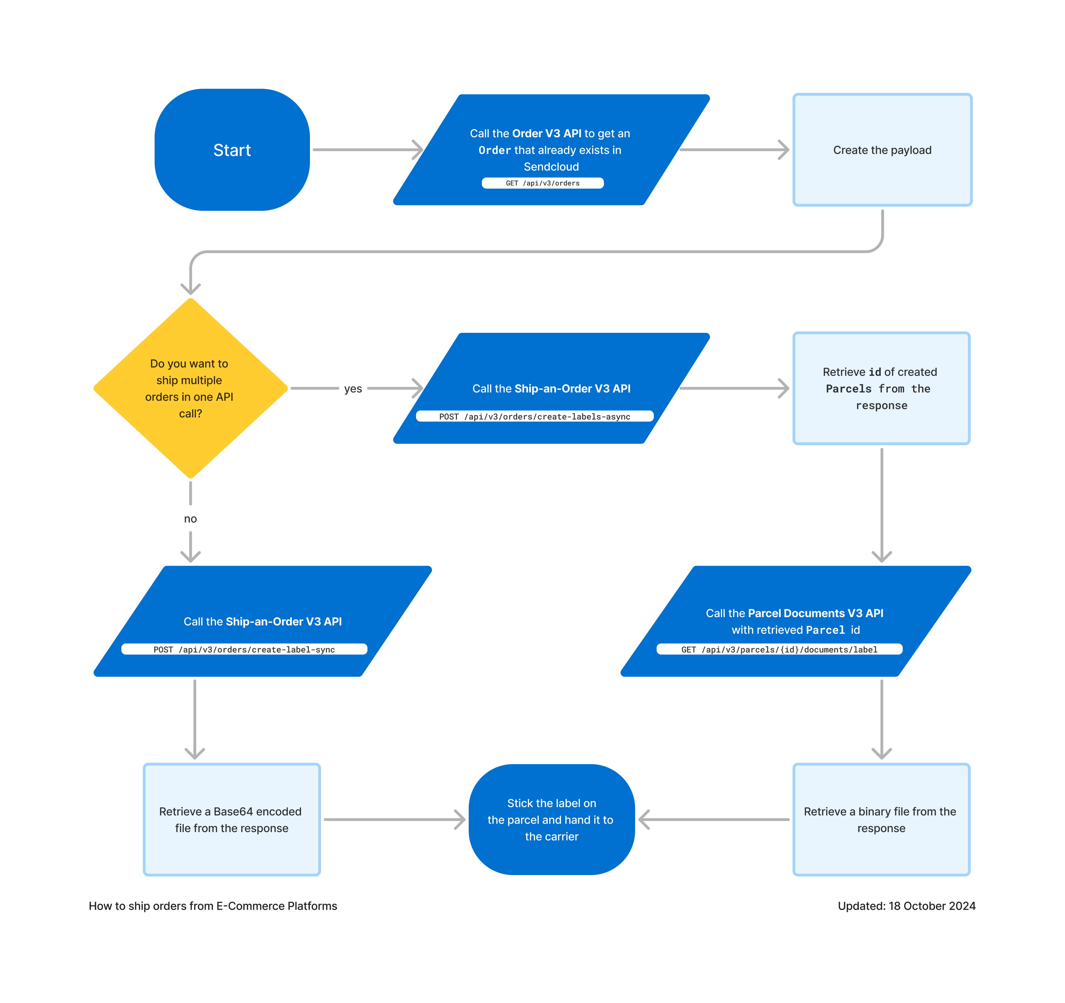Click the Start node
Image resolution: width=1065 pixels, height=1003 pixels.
point(232,150)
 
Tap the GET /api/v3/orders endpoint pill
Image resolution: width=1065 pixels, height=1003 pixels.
point(542,183)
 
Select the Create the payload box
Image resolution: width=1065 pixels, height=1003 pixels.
point(882,150)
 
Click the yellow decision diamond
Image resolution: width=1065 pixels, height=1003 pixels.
point(190,388)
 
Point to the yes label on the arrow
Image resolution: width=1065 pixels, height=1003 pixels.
point(353,389)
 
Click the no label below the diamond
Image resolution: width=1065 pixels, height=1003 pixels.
point(190,519)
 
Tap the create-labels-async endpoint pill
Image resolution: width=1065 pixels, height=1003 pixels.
point(534,416)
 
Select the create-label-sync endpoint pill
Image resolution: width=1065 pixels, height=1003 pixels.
point(244,649)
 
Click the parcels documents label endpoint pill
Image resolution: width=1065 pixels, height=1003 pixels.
point(779,649)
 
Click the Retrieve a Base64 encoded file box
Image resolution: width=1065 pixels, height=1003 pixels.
point(232,819)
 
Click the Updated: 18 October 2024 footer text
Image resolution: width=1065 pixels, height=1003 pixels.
point(907,906)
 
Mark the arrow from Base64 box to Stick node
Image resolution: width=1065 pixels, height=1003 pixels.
point(394,819)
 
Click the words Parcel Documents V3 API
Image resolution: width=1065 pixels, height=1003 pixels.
point(815,613)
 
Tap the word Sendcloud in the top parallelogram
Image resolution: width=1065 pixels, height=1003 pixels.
point(551,167)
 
